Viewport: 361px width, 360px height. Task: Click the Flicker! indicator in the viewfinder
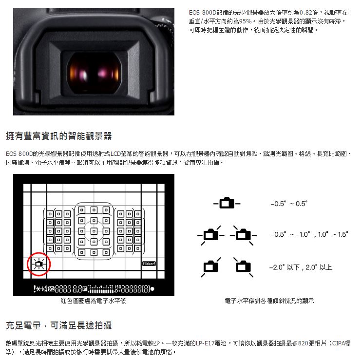point(149,264)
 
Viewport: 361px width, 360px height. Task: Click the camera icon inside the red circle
point(39,264)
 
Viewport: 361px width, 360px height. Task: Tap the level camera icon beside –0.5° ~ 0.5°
point(227,203)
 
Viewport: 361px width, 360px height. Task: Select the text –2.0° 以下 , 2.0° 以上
point(301,267)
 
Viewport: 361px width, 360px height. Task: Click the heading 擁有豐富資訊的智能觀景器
point(59,136)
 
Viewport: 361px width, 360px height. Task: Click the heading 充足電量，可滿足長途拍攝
point(59,325)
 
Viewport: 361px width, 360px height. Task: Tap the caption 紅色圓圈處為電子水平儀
point(93,301)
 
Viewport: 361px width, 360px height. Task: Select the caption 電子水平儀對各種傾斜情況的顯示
point(269,301)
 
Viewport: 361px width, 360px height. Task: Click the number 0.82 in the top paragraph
point(306,13)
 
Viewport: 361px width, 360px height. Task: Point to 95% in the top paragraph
point(246,21)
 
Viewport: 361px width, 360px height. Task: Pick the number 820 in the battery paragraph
point(303,343)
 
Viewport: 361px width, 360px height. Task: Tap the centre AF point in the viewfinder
point(94,231)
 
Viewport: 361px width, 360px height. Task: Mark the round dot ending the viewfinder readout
point(152,288)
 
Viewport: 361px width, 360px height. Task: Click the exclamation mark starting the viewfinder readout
point(35,288)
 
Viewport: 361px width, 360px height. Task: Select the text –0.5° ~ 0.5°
point(289,204)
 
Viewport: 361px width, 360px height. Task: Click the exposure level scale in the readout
point(101,289)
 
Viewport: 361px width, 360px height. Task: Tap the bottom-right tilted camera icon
point(244,267)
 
